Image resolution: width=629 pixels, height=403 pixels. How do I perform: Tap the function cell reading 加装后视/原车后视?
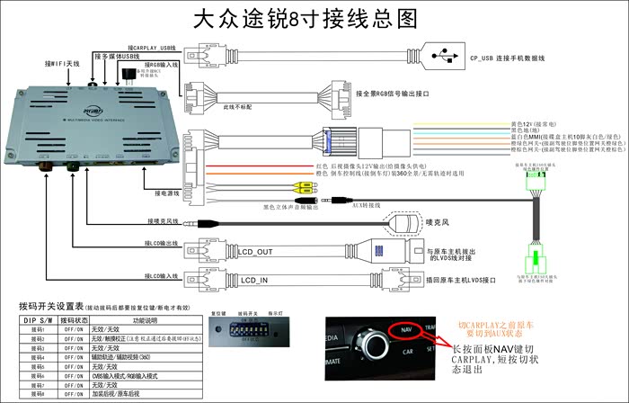pos(117,393)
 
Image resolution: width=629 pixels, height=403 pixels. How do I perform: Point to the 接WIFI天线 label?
pos(62,64)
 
